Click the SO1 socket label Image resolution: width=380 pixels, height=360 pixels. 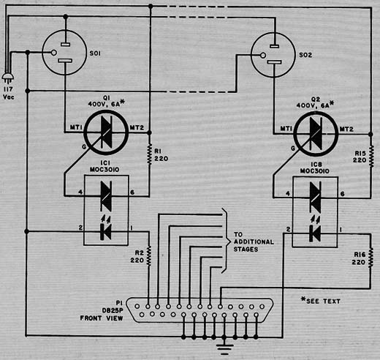pyautogui.click(x=95, y=53)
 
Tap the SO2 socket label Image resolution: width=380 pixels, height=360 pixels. pyautogui.click(x=305, y=55)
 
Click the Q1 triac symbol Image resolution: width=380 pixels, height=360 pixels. pyautogui.click(x=106, y=132)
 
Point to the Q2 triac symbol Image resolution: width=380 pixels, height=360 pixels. pyautogui.click(x=316, y=134)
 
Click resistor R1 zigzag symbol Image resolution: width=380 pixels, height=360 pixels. pyautogui.click(x=150, y=155)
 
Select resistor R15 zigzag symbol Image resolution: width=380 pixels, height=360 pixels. pyautogui.click(x=370, y=157)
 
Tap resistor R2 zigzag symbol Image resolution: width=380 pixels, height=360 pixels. pyautogui.click(x=148, y=256)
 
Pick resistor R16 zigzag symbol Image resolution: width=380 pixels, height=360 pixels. pyautogui.click(x=370, y=258)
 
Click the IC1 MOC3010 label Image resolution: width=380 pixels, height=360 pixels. pyautogui.click(x=104, y=166)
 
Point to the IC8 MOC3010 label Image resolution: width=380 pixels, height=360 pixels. pyautogui.click(x=315, y=168)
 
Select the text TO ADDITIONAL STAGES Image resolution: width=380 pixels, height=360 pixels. pyautogui.click(x=254, y=242)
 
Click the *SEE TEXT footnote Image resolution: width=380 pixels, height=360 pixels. pyautogui.click(x=321, y=301)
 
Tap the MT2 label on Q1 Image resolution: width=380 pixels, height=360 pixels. pyautogui.click(x=137, y=127)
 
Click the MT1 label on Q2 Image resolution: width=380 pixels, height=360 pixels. pyautogui.click(x=286, y=129)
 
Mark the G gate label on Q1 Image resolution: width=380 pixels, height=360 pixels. pyautogui.click(x=84, y=146)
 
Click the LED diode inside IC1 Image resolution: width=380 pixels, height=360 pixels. pyautogui.click(x=106, y=232)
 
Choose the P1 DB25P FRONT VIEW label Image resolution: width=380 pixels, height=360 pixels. pyautogui.click(x=102, y=310)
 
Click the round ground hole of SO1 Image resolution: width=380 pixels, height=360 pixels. pyautogui.click(x=54, y=53)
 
